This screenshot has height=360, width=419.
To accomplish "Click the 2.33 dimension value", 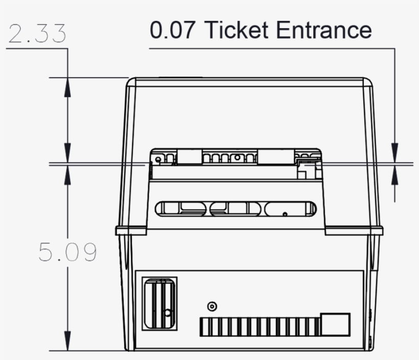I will pyautogui.click(x=37, y=34).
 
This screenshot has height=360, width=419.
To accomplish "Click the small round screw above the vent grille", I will pyautogui.click(x=212, y=306).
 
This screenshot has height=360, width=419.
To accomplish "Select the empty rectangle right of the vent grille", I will pyautogui.click(x=335, y=325).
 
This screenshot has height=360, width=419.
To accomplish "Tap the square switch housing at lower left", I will pyautogui.click(x=159, y=304).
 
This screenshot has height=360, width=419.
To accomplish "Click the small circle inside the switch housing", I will pyautogui.click(x=167, y=312).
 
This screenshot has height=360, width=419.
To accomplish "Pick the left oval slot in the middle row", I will pyautogui.click(x=181, y=208).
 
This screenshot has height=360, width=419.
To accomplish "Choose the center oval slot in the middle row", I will pyautogui.click(x=236, y=208).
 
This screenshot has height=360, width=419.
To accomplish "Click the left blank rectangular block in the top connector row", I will pyautogui.click(x=190, y=157).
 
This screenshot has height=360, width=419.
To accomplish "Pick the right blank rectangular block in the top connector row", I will pyautogui.click(x=274, y=157).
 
